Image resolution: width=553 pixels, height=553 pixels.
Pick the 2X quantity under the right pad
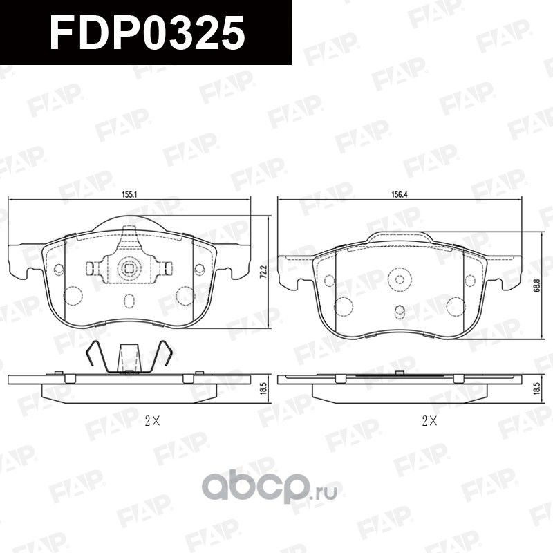tap(429, 420)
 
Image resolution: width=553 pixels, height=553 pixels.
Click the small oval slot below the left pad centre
tap(129, 301)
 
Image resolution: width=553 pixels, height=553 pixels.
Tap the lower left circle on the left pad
tap(75, 296)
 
